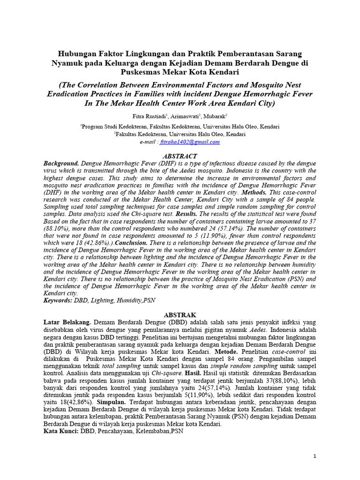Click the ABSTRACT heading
[x=180, y=156]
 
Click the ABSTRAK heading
[x=180, y=315]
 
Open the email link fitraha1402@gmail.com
[x=190, y=142]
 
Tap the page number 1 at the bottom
[x=315, y=456]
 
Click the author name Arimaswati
[x=187, y=116]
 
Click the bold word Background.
[x=61, y=164]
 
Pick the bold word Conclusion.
[x=133, y=243]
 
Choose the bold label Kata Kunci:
[x=61, y=432]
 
